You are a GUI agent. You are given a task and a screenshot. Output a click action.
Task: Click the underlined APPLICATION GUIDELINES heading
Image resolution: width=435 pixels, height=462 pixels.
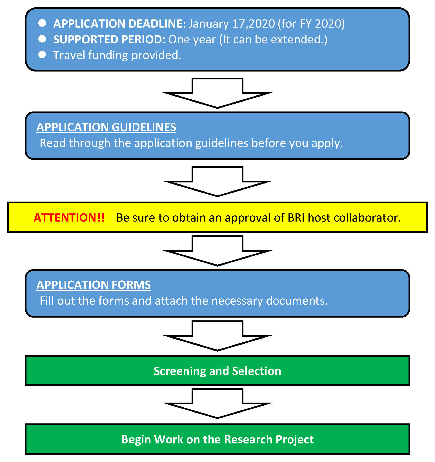(x=106, y=127)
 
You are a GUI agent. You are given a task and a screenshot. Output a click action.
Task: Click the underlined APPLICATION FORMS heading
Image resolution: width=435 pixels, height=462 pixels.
(x=94, y=285)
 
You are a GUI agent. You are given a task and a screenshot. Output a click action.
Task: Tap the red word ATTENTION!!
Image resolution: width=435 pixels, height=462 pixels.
(x=69, y=218)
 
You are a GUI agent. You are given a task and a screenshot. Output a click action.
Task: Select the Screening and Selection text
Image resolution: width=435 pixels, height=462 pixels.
(x=217, y=371)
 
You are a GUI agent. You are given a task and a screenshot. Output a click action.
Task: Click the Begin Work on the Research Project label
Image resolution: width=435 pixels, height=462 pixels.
(x=217, y=439)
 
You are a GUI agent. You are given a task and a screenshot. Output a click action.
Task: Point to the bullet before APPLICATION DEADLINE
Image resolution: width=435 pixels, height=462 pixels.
(x=42, y=23)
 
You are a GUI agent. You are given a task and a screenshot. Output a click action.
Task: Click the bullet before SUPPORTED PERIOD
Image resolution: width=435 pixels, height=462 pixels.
(x=42, y=39)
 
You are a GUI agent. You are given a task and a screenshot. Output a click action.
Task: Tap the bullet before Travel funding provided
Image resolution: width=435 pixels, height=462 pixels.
(x=42, y=55)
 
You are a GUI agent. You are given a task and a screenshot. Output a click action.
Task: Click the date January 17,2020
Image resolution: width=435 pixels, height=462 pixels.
(x=232, y=24)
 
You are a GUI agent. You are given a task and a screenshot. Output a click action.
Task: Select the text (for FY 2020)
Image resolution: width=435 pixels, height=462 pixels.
(x=311, y=24)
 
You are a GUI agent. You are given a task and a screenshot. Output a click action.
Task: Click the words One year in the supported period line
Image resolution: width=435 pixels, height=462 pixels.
(x=192, y=39)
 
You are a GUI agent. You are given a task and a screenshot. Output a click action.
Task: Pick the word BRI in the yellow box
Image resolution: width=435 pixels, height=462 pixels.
(x=296, y=218)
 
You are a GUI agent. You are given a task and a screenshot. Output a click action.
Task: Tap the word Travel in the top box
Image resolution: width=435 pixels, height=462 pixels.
(x=69, y=55)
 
